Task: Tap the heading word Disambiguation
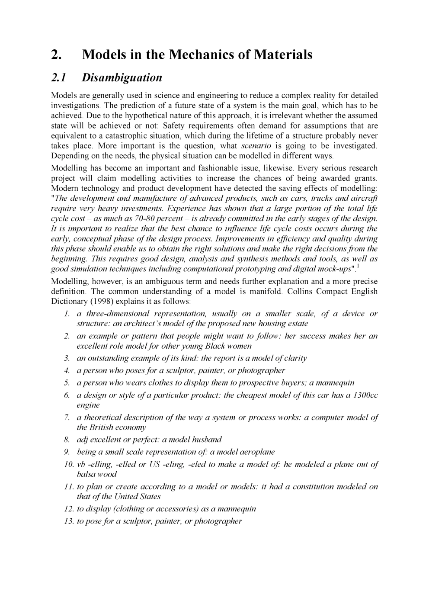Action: click(x=122, y=77)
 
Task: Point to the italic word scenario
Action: click(x=256, y=145)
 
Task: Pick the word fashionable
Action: click(x=217, y=168)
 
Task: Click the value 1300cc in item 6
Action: click(x=366, y=395)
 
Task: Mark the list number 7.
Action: click(x=67, y=418)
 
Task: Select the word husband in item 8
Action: click(x=206, y=440)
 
